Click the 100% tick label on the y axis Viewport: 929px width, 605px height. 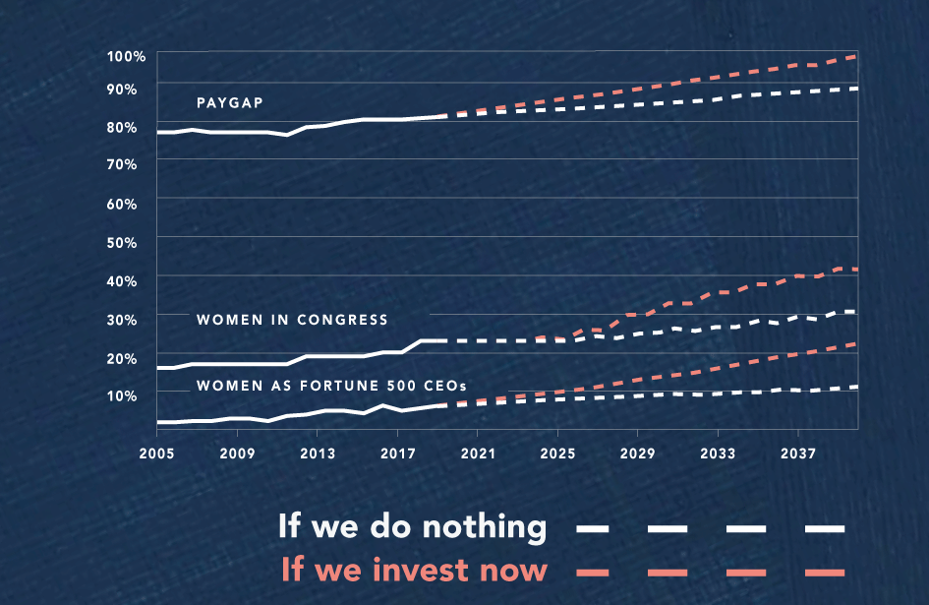(127, 56)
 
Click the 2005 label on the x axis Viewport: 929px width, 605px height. (157, 454)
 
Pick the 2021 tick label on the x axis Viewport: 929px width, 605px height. (477, 454)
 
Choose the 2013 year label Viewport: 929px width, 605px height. (317, 454)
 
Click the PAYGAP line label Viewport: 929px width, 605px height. (228, 102)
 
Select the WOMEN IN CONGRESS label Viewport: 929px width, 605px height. (292, 320)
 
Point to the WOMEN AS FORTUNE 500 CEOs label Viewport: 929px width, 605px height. (331, 385)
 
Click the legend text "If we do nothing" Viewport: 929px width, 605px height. (412, 526)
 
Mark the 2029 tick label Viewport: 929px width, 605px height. (637, 454)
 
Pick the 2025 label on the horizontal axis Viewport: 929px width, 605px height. (557, 454)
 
